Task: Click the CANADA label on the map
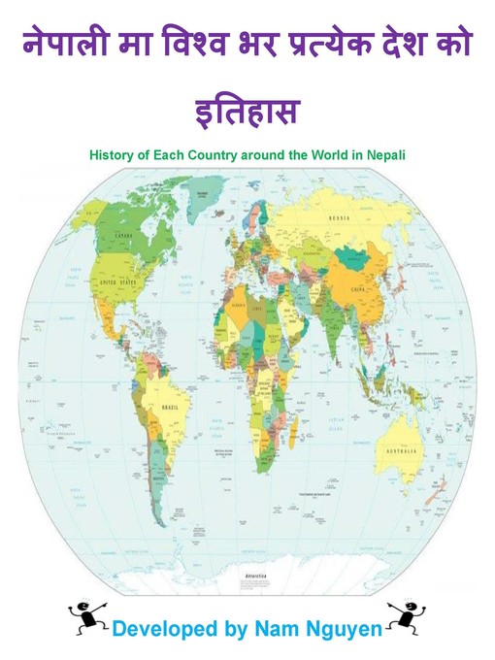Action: [123, 236]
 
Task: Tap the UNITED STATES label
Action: [117, 282]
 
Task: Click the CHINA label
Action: [358, 288]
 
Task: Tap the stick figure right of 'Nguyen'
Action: [403, 614]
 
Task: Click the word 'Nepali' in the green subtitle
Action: [385, 152]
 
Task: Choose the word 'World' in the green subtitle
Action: [330, 152]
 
